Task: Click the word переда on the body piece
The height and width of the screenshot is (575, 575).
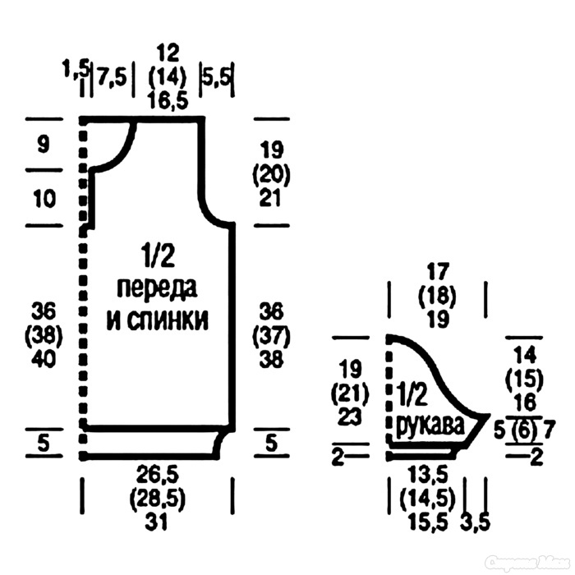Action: pos(157,289)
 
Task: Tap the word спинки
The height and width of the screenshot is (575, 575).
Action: pos(168,320)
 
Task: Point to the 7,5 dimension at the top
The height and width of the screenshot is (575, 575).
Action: pos(112,78)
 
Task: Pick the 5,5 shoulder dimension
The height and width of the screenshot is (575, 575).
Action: pos(217,77)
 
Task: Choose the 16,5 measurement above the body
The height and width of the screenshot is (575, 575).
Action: pos(168,100)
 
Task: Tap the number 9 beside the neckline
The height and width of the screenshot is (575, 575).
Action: pos(44,144)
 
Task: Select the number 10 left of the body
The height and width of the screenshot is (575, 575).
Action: pos(44,199)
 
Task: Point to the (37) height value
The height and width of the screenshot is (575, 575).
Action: pos(271,335)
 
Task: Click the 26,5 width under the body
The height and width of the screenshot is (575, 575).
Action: pos(158,476)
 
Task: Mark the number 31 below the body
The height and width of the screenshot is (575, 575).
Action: pos(156,521)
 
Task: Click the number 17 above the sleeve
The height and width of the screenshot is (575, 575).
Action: pos(438,272)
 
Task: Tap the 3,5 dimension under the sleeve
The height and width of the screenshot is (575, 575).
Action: pos(476,522)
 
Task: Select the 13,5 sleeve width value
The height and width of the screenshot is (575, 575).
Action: pos(427,476)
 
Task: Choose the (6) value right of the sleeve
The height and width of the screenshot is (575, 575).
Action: pos(524,430)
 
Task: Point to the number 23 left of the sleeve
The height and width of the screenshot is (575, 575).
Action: pos(349,417)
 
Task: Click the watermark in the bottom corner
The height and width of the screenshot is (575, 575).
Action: pos(527,561)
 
